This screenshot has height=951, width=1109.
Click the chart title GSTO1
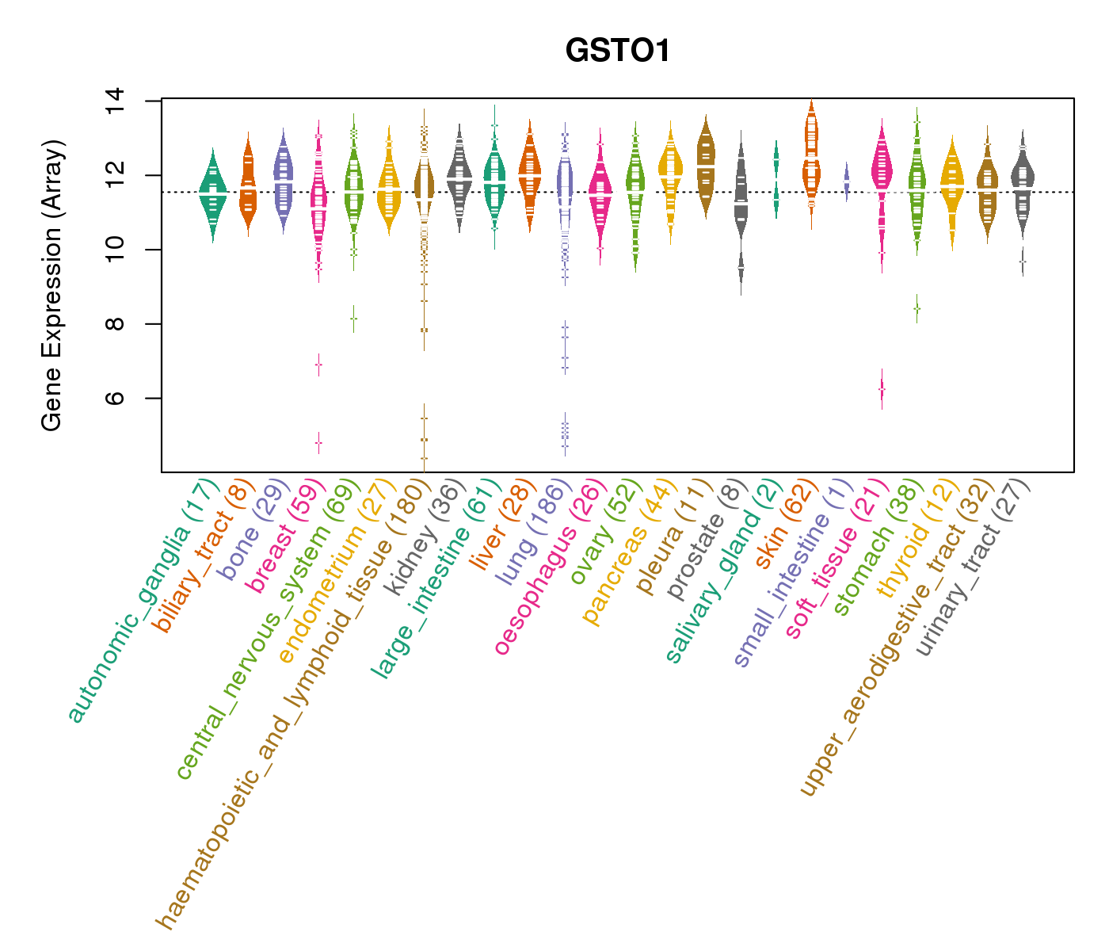(x=617, y=52)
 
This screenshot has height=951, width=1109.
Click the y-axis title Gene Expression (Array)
(x=52, y=286)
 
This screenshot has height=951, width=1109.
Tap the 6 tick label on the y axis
(x=116, y=398)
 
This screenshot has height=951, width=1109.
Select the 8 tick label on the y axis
(x=116, y=324)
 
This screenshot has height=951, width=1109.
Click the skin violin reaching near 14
(x=811, y=158)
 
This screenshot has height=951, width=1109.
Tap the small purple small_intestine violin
(x=846, y=181)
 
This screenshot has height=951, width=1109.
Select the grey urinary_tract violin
(x=1023, y=179)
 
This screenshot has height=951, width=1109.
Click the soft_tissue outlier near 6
(x=882, y=389)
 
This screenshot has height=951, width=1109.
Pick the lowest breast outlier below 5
(x=318, y=443)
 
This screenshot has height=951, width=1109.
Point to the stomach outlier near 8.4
(x=917, y=307)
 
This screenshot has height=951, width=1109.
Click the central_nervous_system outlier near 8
(x=353, y=318)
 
